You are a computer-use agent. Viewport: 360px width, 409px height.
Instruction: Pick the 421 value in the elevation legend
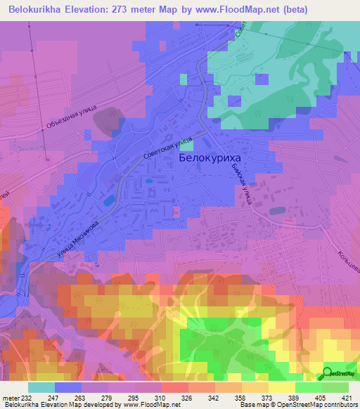click(348, 398)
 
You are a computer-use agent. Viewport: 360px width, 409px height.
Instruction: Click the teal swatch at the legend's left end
click(41, 387)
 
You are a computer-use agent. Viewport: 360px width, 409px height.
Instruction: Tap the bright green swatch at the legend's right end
click(335, 387)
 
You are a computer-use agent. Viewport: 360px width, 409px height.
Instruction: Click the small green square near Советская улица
click(186, 146)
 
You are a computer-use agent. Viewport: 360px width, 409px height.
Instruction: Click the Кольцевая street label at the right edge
click(348, 255)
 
